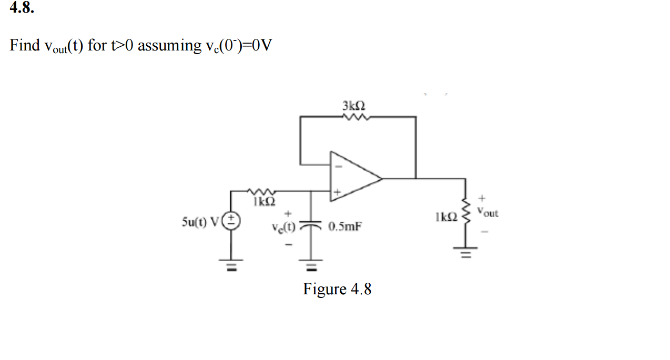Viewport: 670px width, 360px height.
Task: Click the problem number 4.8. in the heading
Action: click(x=22, y=9)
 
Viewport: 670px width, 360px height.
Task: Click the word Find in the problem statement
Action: click(x=25, y=46)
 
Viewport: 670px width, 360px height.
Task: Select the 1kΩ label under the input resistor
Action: click(x=260, y=201)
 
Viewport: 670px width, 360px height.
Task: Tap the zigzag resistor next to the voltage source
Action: click(x=260, y=191)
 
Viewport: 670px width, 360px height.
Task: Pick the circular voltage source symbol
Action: click(x=231, y=221)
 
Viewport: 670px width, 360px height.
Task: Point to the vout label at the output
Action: click(x=488, y=213)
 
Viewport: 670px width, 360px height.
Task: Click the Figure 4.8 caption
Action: click(x=337, y=289)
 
